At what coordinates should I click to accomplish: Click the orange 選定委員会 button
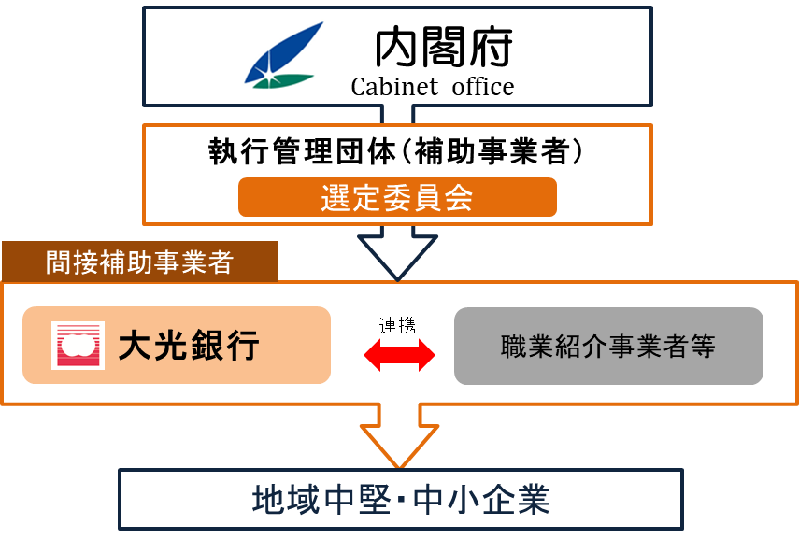pos(397,198)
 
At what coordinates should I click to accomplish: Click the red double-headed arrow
pos(399,352)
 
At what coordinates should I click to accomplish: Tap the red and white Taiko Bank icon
pos(78,346)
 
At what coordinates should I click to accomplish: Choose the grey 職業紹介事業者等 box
pos(608,347)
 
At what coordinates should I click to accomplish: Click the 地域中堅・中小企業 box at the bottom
pos(401,500)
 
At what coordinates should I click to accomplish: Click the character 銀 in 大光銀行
pos(207,346)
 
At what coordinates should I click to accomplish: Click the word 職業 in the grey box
pos(527,348)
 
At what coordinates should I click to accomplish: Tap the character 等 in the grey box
pos(704,348)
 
